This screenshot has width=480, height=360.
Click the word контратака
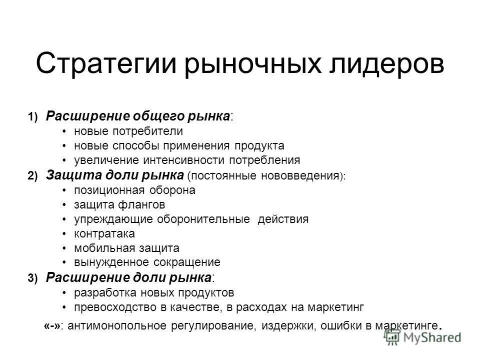(104, 233)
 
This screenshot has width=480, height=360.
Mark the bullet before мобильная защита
(65, 248)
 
